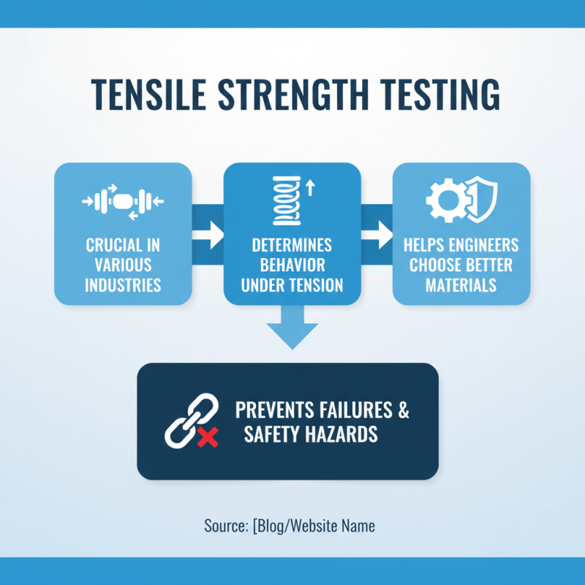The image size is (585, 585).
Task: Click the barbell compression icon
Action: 122,199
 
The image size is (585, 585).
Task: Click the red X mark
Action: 208,438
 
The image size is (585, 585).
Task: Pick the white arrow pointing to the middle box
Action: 207,235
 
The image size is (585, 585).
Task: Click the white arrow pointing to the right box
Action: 377,235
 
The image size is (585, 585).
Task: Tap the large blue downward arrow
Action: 292,329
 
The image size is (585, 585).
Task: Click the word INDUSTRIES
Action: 123,284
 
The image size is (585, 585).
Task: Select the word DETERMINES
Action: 292,244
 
